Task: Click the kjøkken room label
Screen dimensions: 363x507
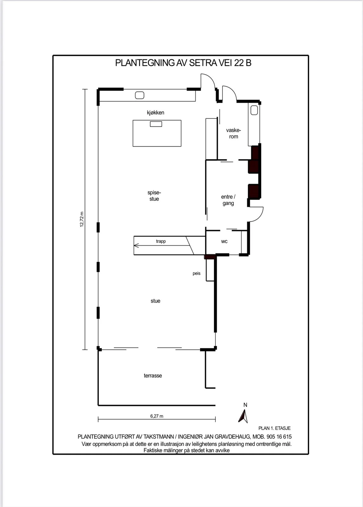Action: (x=155, y=113)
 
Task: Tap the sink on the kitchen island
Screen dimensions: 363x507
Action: (x=156, y=124)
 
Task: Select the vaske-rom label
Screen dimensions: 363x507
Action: (x=234, y=133)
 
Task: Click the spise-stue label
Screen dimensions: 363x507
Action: (x=154, y=196)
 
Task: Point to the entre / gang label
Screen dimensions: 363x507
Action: (x=228, y=200)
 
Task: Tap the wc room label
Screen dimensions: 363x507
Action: (x=224, y=241)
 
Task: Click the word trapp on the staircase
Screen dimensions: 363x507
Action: (x=161, y=241)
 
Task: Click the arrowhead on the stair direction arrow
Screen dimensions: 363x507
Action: (x=136, y=245)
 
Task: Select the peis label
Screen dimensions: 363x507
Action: (x=196, y=273)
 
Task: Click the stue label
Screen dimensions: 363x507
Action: (x=155, y=301)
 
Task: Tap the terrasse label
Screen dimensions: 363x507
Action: (x=153, y=376)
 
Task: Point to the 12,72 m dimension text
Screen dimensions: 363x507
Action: (x=82, y=219)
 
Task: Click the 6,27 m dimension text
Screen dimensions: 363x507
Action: (x=156, y=416)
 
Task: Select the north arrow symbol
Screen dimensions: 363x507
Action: (x=243, y=416)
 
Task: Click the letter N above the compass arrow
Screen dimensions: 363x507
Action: (x=245, y=405)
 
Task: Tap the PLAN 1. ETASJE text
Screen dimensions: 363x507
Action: (x=274, y=428)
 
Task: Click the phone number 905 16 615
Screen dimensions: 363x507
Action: (x=279, y=437)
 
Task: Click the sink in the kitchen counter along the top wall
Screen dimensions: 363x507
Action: (x=140, y=95)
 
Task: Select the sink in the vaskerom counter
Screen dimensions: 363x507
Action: (x=254, y=110)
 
